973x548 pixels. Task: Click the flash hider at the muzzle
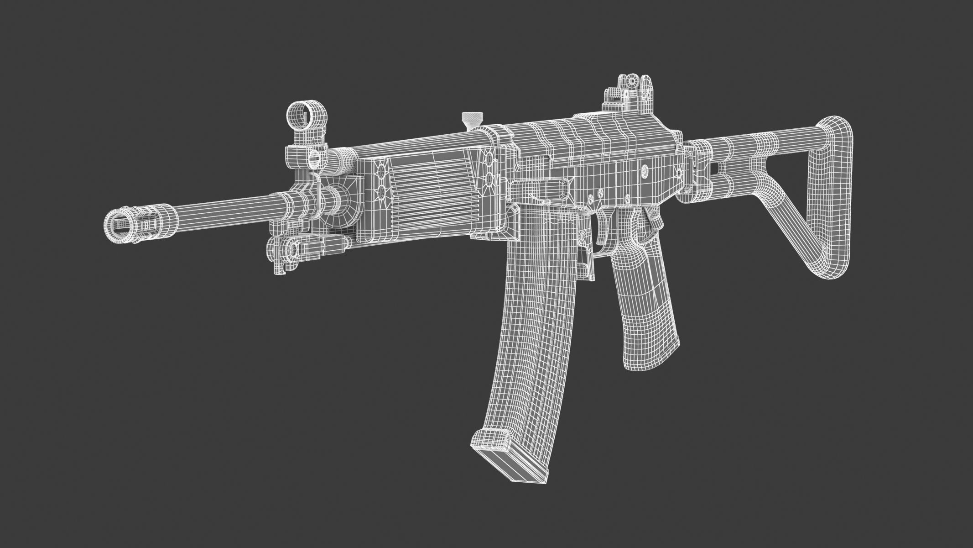coord(137,227)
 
